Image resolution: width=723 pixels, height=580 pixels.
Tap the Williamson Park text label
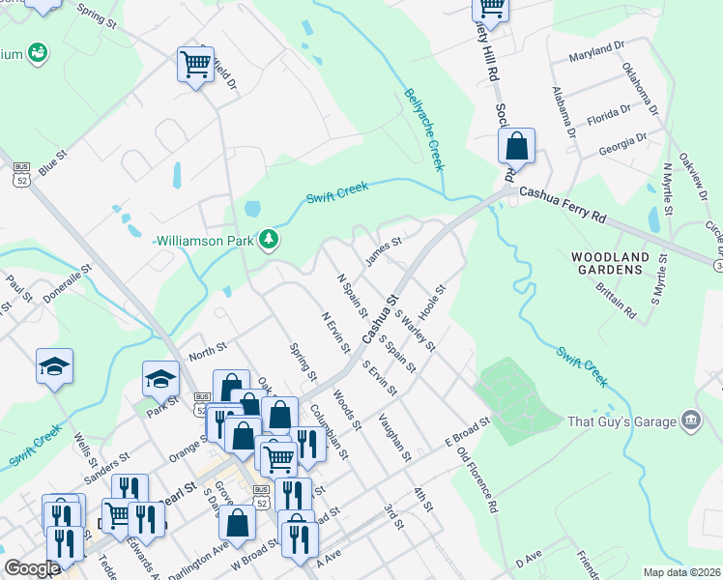coord(205,239)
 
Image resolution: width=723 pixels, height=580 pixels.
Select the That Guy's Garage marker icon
coord(691,420)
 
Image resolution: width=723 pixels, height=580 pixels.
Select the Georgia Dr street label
coord(622,142)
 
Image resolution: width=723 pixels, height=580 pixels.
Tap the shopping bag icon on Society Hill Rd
coord(517,147)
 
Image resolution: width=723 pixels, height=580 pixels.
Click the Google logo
coord(32,568)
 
